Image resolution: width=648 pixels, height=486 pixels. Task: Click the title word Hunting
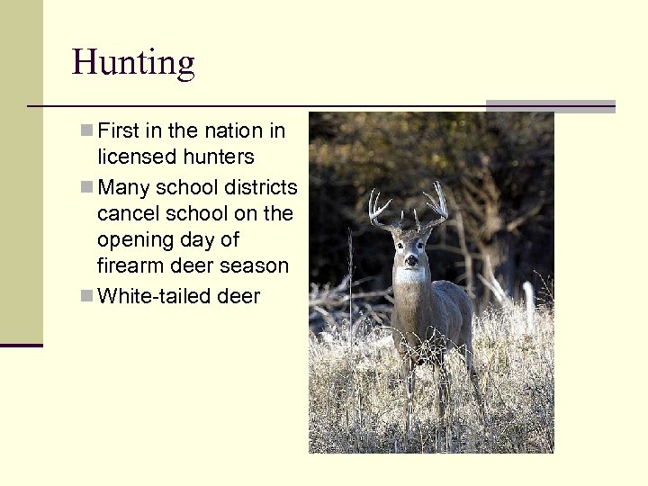tap(133, 63)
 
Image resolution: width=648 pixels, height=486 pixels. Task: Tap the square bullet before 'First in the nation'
tap(85, 130)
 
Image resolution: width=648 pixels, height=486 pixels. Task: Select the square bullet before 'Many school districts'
tap(85, 187)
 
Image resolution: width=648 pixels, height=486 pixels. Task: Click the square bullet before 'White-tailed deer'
tap(85, 295)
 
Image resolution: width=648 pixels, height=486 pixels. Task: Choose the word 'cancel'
tap(126, 214)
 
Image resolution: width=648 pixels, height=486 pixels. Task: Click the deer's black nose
tap(410, 262)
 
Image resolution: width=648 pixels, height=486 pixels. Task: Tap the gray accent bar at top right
tap(550, 106)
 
